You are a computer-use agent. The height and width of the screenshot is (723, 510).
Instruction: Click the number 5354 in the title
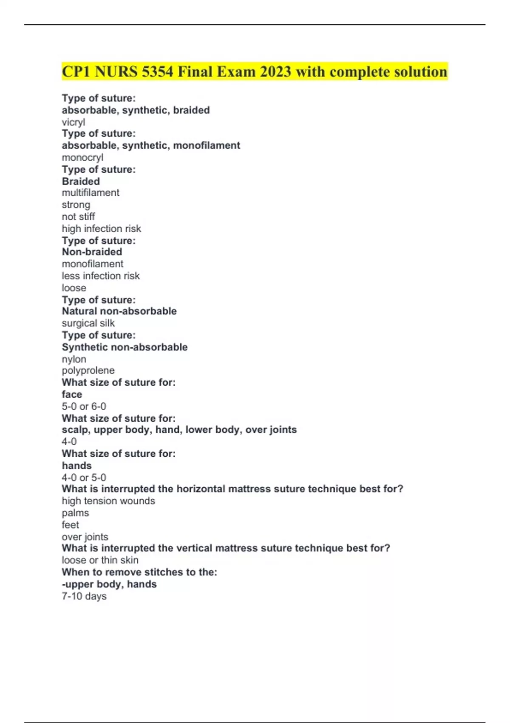pyautogui.click(x=157, y=71)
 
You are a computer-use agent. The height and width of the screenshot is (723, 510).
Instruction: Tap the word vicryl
pyautogui.click(x=74, y=122)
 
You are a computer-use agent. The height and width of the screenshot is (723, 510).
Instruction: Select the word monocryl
pyautogui.click(x=82, y=157)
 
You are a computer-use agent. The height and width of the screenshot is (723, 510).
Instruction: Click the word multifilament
pyautogui.click(x=91, y=193)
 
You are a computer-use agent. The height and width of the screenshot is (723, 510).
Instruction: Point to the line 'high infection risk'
pyautogui.click(x=101, y=229)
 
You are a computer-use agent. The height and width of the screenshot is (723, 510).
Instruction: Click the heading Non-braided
pyautogui.click(x=92, y=252)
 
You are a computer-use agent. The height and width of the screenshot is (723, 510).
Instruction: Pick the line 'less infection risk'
pyautogui.click(x=101, y=276)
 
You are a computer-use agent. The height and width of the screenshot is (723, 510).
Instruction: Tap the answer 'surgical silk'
pyautogui.click(x=88, y=323)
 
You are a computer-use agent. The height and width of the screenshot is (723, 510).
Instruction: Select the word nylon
pyautogui.click(x=74, y=359)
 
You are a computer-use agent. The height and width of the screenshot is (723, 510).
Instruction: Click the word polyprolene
pyautogui.click(x=88, y=370)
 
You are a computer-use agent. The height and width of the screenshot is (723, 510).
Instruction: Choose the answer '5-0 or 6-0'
pyautogui.click(x=84, y=407)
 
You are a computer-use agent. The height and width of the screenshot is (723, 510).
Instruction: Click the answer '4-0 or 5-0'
pyautogui.click(x=84, y=478)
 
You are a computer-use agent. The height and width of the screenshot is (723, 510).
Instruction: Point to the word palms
pyautogui.click(x=75, y=513)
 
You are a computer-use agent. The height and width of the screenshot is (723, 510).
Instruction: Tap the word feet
pyautogui.click(x=70, y=525)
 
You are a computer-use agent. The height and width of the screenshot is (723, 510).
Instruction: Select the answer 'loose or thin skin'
pyautogui.click(x=100, y=560)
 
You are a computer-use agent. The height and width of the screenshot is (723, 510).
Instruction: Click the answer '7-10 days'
pyautogui.click(x=84, y=596)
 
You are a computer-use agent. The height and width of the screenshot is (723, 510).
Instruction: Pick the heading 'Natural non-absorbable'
pyautogui.click(x=119, y=311)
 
